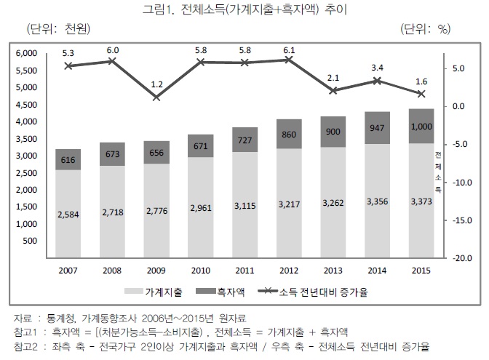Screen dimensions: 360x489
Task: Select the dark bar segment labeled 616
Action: coord(68,159)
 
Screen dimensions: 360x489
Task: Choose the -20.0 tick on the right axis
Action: coord(464,258)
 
